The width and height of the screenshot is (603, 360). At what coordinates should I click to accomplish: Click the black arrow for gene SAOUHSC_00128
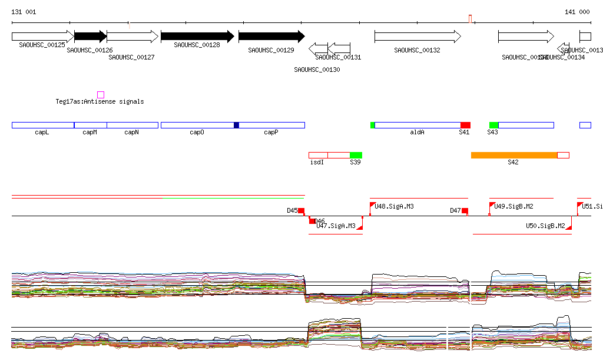(197, 37)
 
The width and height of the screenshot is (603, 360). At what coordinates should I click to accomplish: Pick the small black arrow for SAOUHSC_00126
(90, 37)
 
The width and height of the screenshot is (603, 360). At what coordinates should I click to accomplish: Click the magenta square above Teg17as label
(101, 95)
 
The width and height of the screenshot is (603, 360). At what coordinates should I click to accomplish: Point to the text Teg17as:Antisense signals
(100, 102)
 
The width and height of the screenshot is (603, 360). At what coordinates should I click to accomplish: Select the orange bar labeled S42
(514, 155)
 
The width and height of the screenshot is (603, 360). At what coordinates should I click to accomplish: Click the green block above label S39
(356, 155)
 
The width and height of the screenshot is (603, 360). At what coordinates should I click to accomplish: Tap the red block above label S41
(465, 125)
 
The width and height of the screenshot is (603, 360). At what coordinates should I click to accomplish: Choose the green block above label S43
(493, 125)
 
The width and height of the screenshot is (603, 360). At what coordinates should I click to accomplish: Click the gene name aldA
(417, 133)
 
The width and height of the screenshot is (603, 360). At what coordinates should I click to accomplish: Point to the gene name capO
(197, 133)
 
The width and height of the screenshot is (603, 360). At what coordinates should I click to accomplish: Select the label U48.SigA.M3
(394, 207)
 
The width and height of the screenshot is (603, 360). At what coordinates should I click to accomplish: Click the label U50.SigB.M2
(545, 226)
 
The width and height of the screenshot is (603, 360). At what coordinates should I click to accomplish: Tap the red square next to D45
(301, 211)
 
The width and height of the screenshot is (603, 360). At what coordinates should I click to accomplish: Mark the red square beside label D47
(465, 211)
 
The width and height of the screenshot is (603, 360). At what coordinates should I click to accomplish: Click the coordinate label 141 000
(577, 12)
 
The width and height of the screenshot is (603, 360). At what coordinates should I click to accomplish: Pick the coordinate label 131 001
(24, 12)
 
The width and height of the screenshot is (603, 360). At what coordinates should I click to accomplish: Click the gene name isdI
(317, 162)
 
